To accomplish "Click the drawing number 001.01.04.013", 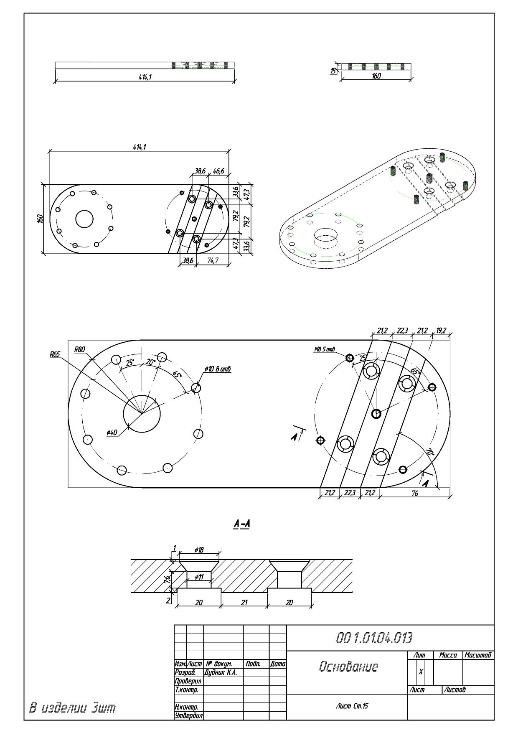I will pos(374,638).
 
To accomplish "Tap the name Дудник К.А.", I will pos(221,672).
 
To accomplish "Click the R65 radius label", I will pos(55,354).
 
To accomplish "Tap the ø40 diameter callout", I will pos(112,433).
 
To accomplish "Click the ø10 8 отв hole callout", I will pos(218,369).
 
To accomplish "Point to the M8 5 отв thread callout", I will pos(325,349).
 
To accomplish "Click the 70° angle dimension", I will pos(429,452).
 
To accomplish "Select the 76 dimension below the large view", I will pos(414,493).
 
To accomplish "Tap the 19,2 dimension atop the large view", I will pos(441,331).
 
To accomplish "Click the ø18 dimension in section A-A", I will pos(199,550).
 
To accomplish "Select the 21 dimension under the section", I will pos(244,602).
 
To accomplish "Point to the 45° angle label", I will pos(177,374).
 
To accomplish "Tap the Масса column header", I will pos(448,655).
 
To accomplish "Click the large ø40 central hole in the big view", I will pos(142,414).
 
